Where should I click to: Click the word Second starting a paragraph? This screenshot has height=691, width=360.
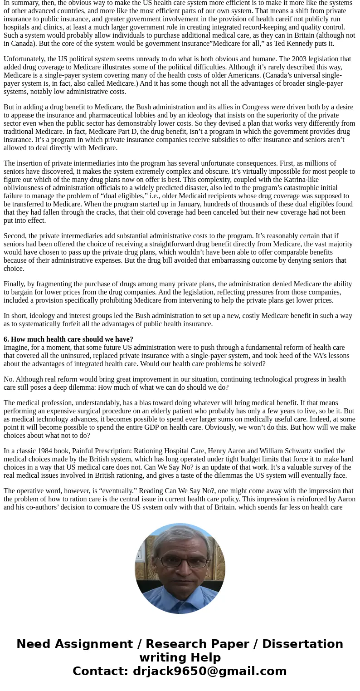(x=15, y=236)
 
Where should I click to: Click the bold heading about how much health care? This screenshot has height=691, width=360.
(x=68, y=339)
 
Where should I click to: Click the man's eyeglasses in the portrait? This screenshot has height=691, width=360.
(x=180, y=562)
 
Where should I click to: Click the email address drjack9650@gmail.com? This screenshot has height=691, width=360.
(x=209, y=671)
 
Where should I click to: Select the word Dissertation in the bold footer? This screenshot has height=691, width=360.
(x=302, y=644)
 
